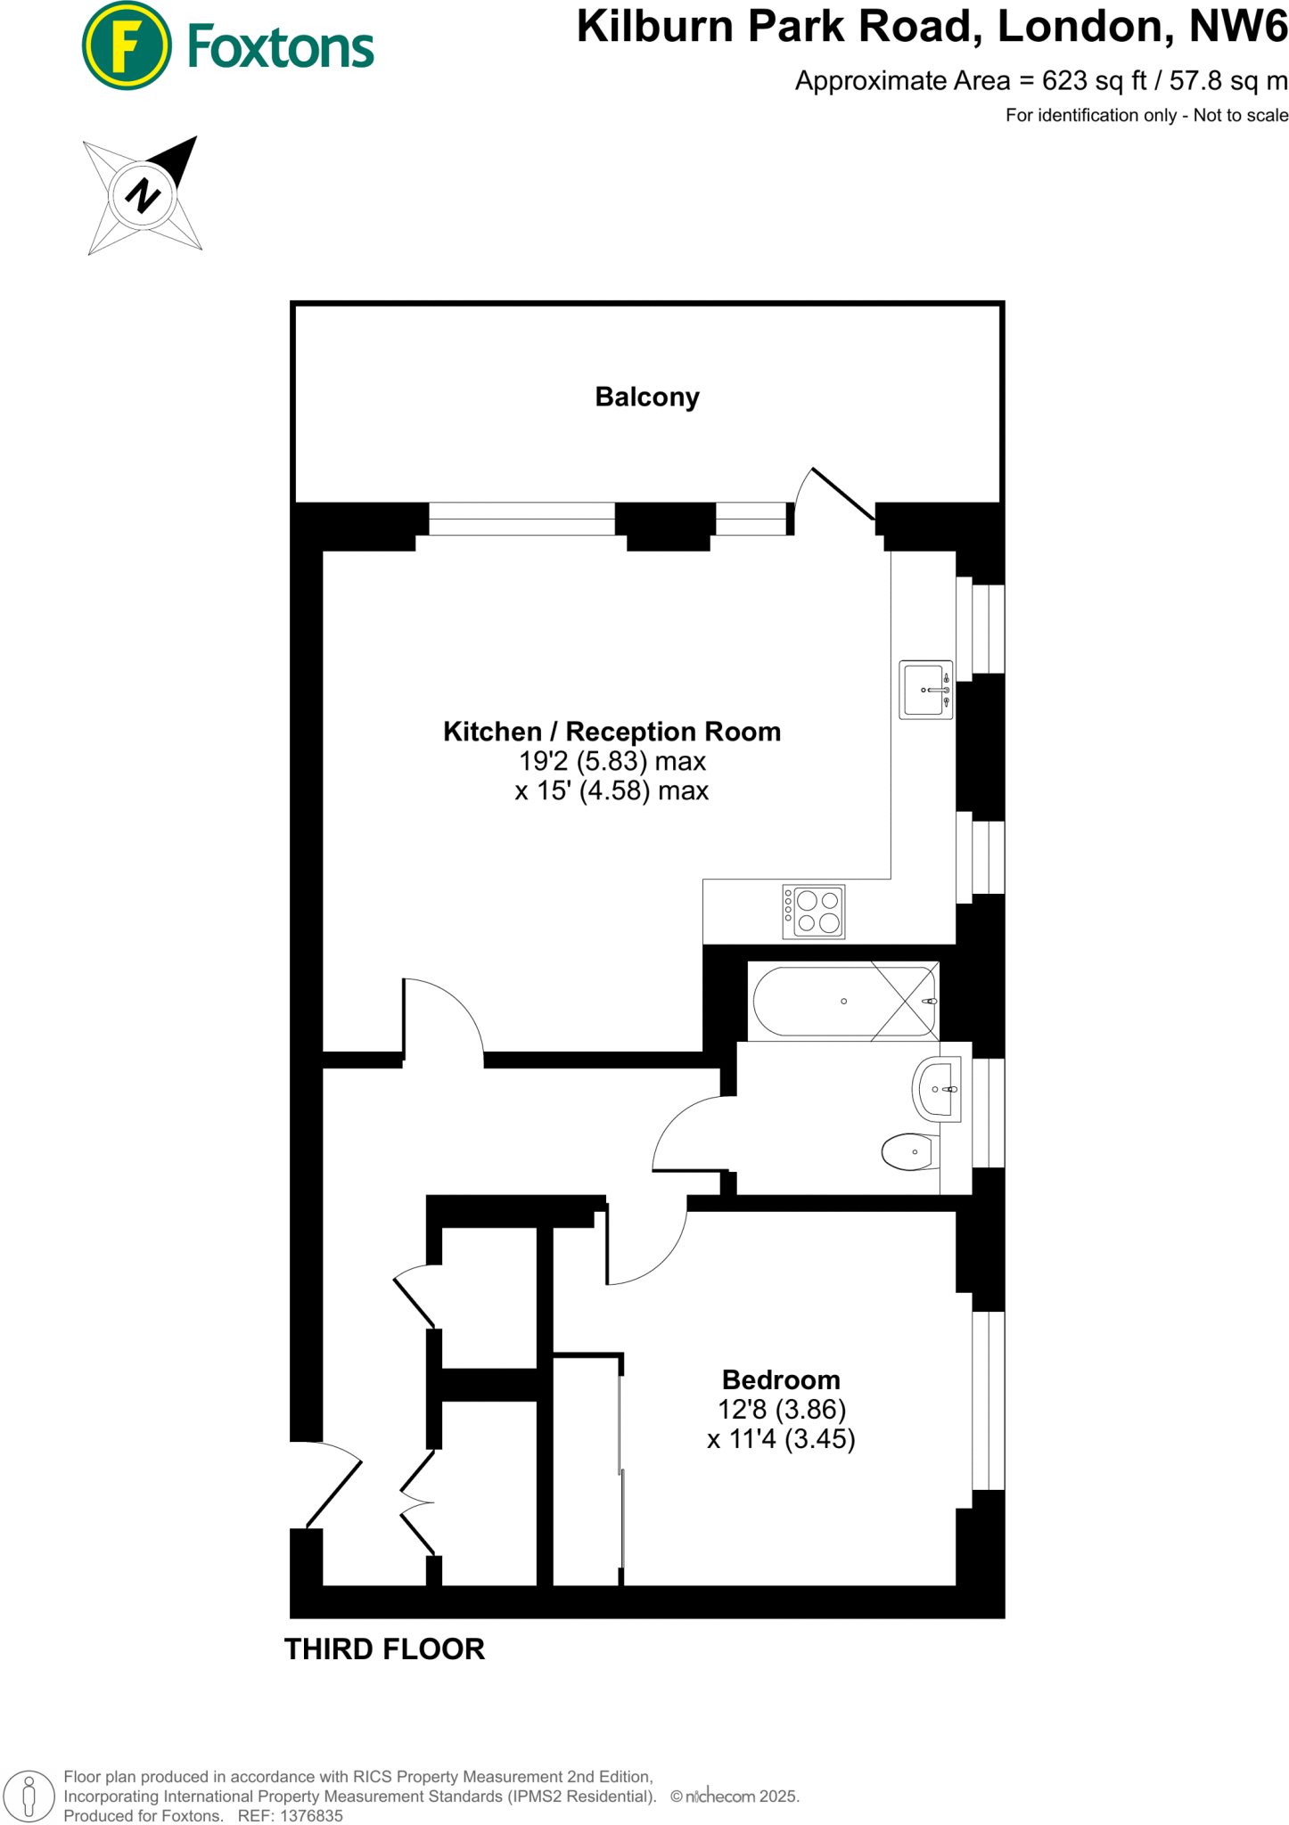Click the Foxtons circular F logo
126,45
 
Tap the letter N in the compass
143,195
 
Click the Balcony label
647,397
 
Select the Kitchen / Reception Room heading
612,732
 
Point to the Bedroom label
781,1379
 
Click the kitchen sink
925,690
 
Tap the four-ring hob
813,911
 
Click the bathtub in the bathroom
842,1001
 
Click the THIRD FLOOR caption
384,1649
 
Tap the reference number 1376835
311,1815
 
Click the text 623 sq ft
1094,81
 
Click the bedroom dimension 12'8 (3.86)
781,1409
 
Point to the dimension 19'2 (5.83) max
612,761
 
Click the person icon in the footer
29,1795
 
